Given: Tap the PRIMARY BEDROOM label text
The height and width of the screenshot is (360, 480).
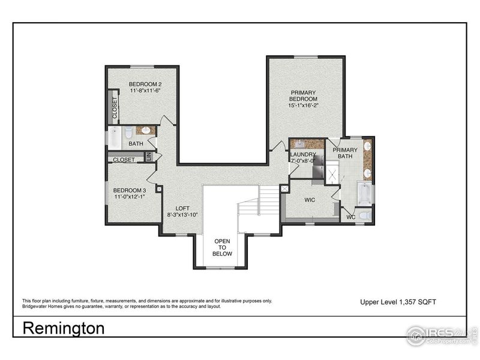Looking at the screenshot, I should (302, 96).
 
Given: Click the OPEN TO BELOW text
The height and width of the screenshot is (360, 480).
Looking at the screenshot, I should (222, 247).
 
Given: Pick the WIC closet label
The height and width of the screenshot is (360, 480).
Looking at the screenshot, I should (310, 200).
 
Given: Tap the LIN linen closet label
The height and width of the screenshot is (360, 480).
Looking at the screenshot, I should (149, 157).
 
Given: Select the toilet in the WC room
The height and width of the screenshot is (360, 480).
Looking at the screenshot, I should (365, 215).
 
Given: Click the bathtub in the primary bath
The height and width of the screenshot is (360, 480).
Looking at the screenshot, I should (364, 193).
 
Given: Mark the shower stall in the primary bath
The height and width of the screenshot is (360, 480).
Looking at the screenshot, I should (332, 175).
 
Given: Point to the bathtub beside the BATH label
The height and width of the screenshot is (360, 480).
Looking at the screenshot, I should (114, 138).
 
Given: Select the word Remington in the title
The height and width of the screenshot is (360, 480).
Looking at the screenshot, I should (64, 328).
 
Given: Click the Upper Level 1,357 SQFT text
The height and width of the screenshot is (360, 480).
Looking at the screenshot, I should (398, 302).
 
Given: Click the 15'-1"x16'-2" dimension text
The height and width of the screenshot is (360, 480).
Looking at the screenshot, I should (302, 105).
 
